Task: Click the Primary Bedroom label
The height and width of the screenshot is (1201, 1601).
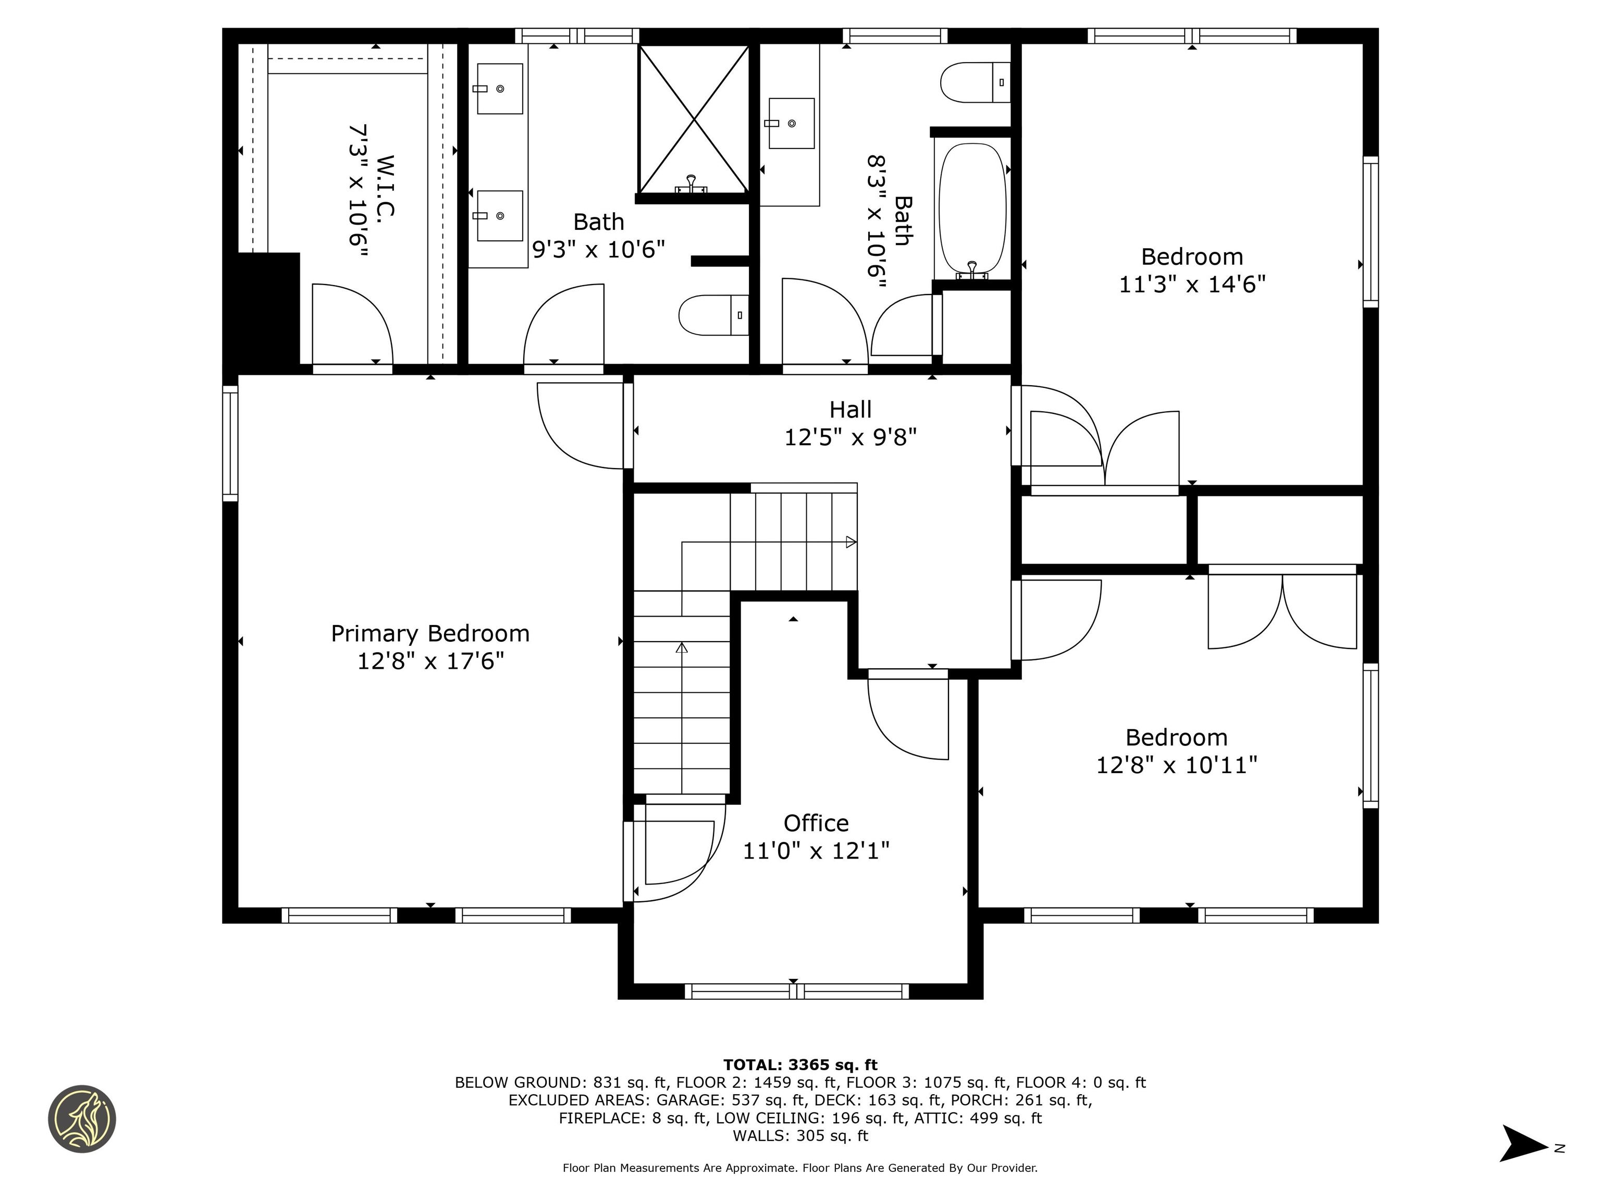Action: (430, 633)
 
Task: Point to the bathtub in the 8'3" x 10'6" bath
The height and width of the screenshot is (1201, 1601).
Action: (972, 209)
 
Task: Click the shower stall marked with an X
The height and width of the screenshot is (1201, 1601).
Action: (693, 119)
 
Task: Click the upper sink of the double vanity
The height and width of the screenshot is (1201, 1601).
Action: (499, 88)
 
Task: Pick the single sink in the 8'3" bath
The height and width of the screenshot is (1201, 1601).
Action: (791, 123)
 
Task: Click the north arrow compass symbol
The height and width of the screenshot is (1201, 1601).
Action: (1523, 1144)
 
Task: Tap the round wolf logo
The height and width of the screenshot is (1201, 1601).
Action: (82, 1119)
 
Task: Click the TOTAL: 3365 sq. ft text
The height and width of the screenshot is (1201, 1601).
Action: (800, 1065)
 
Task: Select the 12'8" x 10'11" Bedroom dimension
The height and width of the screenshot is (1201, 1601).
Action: (1176, 765)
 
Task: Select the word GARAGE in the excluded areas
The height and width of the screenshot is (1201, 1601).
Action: (684, 1100)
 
